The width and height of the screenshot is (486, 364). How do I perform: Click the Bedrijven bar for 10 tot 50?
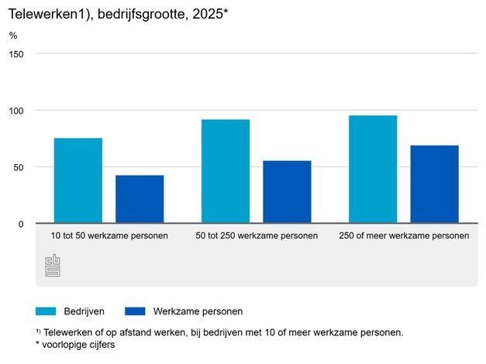(78, 180)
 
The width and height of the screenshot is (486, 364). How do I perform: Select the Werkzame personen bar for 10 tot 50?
(140, 199)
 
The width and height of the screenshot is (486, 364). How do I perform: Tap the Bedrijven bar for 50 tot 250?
(225, 171)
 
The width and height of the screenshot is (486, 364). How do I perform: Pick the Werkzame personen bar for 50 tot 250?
(287, 192)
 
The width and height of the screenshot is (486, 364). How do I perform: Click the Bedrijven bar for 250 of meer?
(373, 169)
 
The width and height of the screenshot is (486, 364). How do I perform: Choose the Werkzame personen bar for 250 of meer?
(434, 184)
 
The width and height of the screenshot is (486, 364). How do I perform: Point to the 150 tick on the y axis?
(17, 53)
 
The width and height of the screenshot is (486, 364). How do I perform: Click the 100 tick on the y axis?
(17, 110)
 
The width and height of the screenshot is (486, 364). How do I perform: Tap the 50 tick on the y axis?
(19, 167)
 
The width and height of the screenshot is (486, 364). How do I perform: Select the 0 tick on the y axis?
(22, 223)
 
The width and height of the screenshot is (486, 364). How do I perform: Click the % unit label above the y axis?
(13, 36)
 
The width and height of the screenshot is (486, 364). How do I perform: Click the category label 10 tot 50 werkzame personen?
(109, 235)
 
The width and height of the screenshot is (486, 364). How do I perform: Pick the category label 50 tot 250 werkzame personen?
(257, 235)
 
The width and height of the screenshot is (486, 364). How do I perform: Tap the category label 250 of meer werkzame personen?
(404, 235)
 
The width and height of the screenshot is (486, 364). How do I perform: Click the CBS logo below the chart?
(53, 266)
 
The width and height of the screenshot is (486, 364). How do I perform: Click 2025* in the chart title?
(208, 12)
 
